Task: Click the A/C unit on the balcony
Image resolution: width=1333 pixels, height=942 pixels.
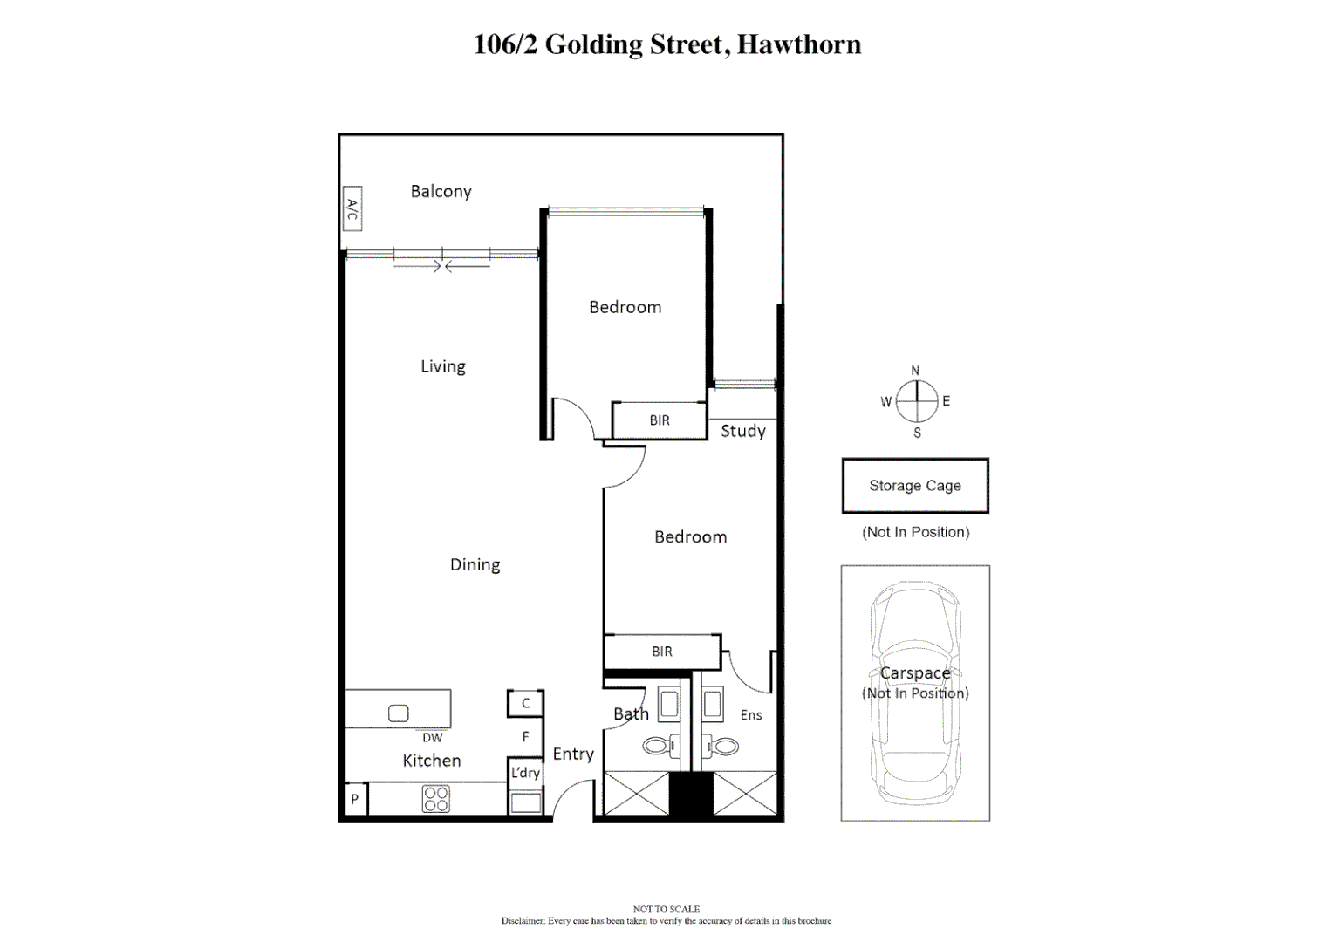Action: pos(352,208)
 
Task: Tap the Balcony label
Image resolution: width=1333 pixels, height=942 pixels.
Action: pos(441,191)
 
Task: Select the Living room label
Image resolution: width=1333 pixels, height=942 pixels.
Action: pos(443,366)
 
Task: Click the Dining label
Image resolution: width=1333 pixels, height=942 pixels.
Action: pos(475,564)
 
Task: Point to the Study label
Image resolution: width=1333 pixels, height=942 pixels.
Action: pos(742,431)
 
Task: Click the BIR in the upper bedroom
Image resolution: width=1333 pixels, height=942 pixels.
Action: pos(660,420)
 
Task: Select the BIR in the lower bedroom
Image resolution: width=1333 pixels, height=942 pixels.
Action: pos(662,652)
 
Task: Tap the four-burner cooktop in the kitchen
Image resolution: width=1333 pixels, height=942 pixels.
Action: pos(436,799)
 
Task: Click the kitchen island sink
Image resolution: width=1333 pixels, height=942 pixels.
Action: pos(399,713)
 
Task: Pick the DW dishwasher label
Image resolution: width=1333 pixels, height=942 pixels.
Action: pos(433,738)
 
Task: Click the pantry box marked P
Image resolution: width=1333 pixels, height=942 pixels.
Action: pos(355,799)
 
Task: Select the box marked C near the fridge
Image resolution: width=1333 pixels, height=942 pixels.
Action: pos(526,703)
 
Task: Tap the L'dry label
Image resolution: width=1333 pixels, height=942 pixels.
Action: pos(525,773)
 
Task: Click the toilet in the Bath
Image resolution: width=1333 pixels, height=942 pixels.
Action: pos(658,747)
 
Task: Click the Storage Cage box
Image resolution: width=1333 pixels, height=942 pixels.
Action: pos(915,486)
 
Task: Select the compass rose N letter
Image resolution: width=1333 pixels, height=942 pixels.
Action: pos(915,371)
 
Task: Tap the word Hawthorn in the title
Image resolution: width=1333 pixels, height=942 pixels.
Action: pos(799,44)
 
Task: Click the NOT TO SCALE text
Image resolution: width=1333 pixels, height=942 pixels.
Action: pos(666,909)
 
